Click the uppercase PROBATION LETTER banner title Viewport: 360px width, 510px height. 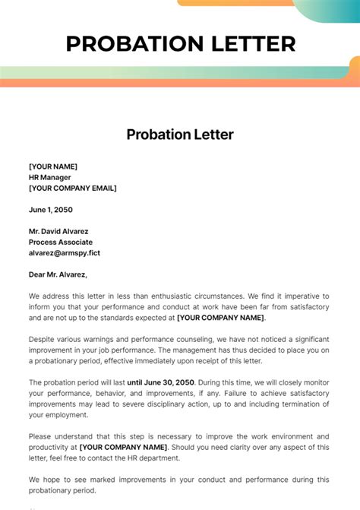(180, 43)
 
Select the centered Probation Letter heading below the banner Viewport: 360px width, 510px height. (180, 135)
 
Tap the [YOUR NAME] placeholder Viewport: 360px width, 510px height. (53, 166)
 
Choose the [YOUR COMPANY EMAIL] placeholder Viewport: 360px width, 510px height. (73, 188)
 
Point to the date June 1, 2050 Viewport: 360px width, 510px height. (51, 210)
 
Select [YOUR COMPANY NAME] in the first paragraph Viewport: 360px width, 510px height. (220, 318)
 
